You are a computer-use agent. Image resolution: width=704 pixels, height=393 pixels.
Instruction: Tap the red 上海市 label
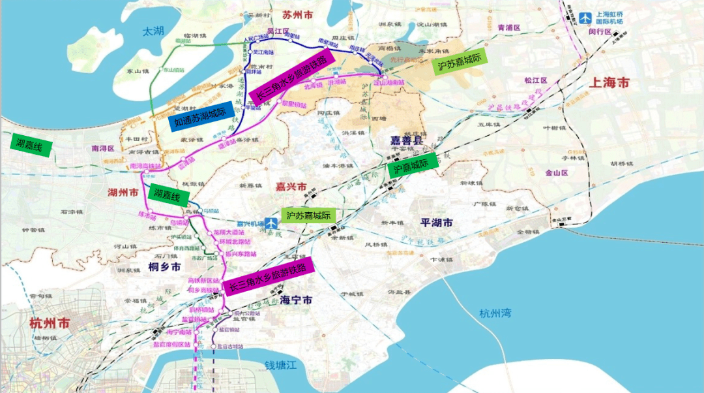[609, 83]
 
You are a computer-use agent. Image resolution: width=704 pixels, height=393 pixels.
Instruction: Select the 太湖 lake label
[155, 31]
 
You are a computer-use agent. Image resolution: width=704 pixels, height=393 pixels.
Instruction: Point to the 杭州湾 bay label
[495, 313]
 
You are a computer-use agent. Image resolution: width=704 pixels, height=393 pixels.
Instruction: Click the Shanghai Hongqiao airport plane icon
[585, 18]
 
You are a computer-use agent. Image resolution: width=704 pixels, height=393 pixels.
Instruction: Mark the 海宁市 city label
[296, 300]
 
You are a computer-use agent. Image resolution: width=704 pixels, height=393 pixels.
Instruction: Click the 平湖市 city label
[437, 223]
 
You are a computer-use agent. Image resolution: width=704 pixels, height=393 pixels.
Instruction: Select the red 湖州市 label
[123, 193]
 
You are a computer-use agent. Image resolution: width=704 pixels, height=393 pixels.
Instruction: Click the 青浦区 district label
[509, 28]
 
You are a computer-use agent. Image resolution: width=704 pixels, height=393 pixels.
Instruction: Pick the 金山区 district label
[539, 173]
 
